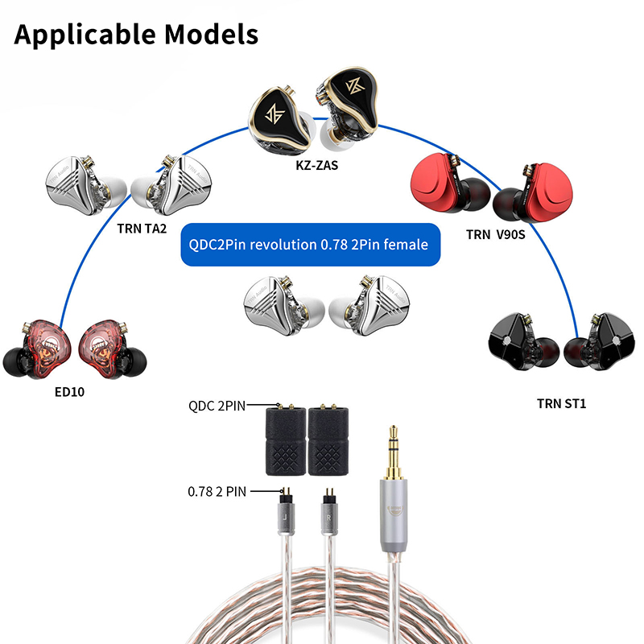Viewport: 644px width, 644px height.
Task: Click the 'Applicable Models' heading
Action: pyautogui.click(x=136, y=35)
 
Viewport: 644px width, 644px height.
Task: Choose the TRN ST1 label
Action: pyautogui.click(x=561, y=402)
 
